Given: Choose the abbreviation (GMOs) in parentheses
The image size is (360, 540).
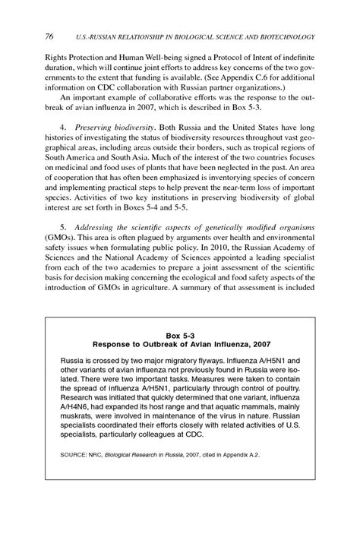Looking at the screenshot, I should pyautogui.click(x=59, y=241).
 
